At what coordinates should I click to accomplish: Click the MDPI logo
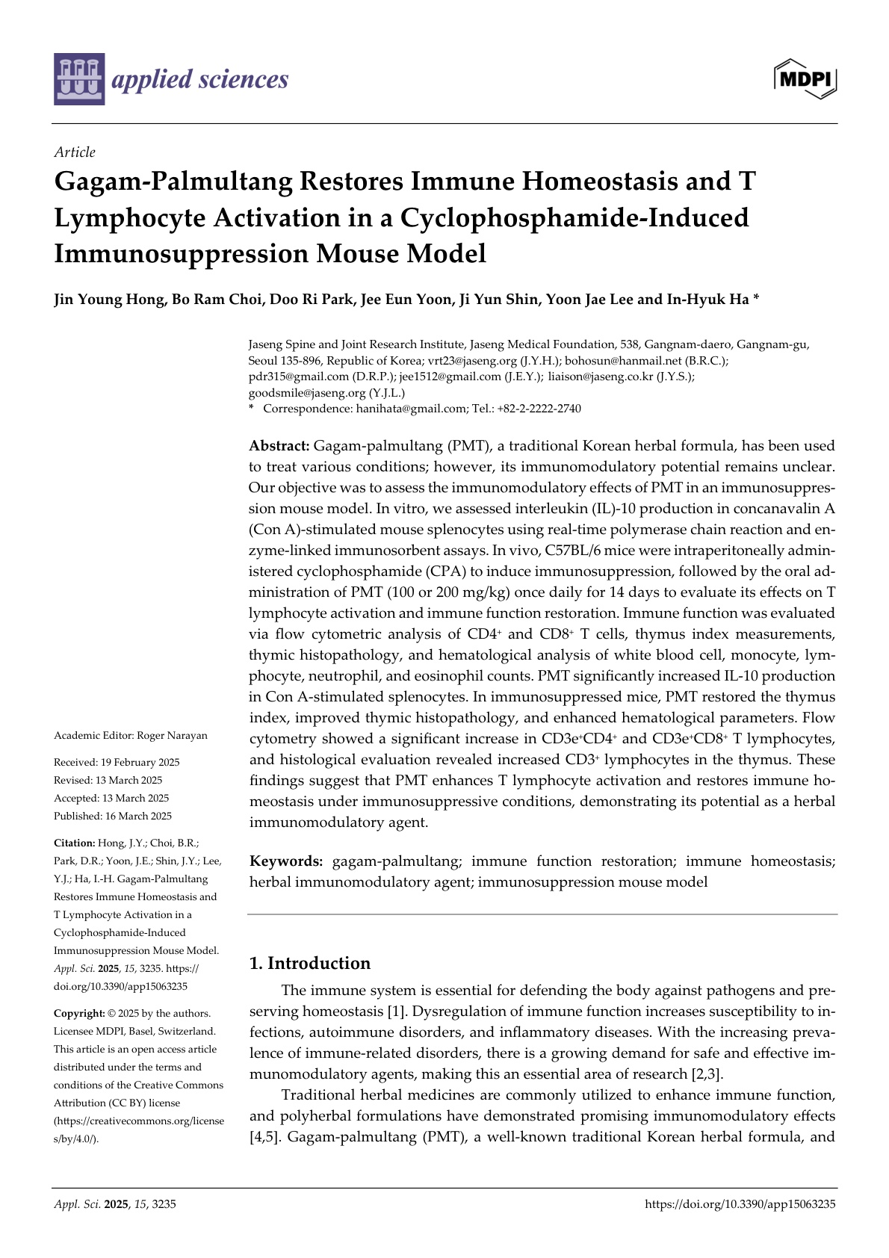click(805, 78)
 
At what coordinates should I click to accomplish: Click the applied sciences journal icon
click(79, 79)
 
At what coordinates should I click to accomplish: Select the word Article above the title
click(75, 152)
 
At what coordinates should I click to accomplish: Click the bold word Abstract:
click(279, 446)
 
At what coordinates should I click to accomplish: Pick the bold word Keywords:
click(286, 861)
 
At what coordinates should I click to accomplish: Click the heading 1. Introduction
click(309, 963)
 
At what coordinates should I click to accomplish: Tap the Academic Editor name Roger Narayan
click(172, 736)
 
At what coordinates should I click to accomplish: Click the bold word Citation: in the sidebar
click(74, 843)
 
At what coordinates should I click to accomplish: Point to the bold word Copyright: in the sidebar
click(79, 1014)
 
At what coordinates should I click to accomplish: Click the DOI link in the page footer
click(739, 1204)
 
